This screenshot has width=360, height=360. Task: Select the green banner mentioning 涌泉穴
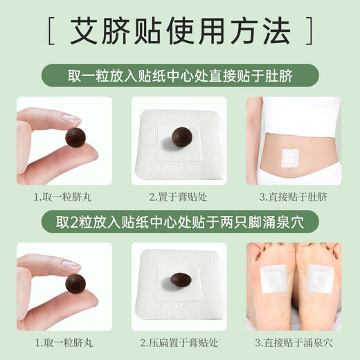[180, 223]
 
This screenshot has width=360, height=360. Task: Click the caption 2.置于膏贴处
[179, 196]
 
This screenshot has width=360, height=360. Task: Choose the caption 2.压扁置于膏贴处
[179, 343]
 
